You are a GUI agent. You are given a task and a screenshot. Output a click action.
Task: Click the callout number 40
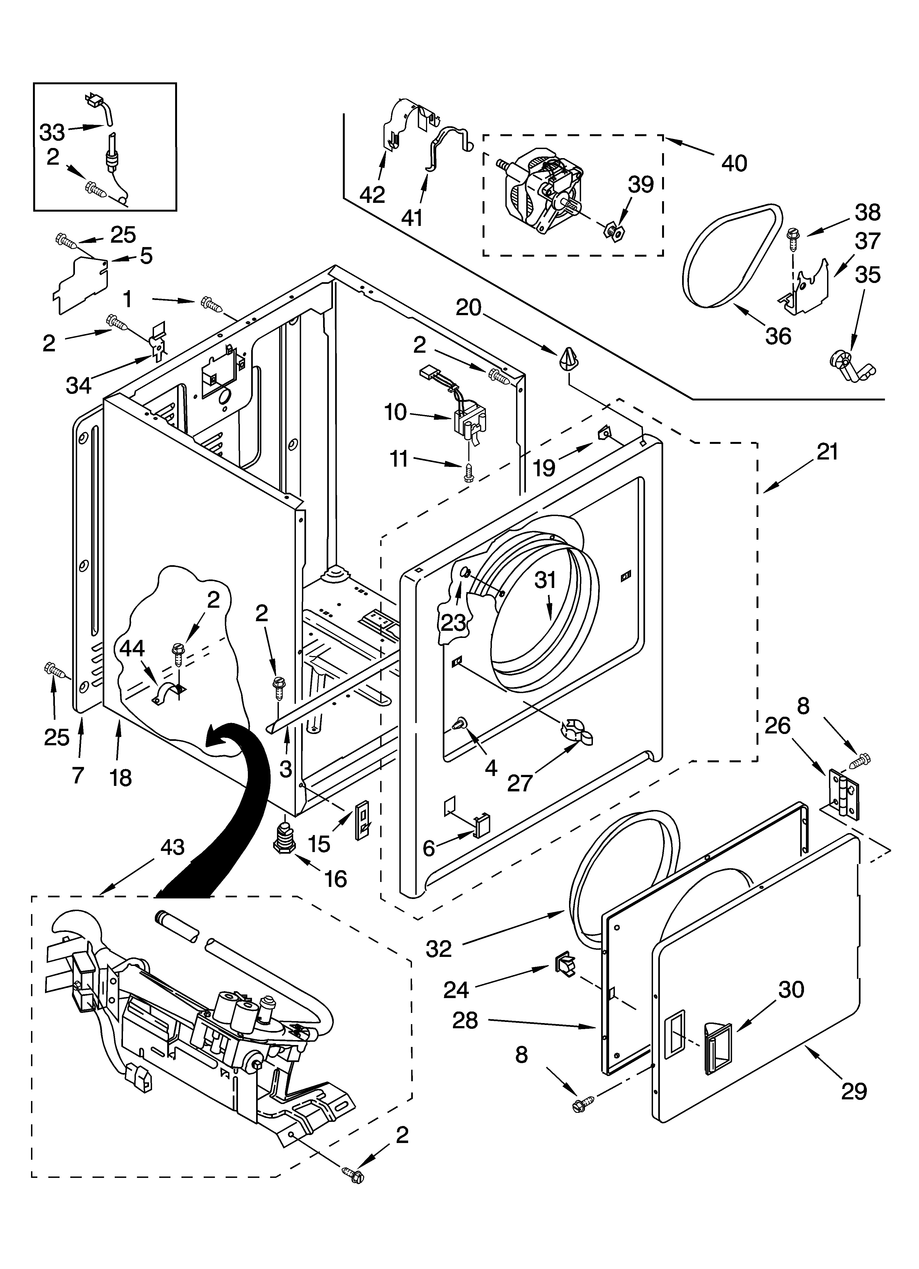(x=734, y=163)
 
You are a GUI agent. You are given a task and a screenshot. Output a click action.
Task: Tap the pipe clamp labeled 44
(x=162, y=693)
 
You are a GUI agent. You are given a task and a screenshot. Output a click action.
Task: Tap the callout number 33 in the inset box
(x=52, y=133)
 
